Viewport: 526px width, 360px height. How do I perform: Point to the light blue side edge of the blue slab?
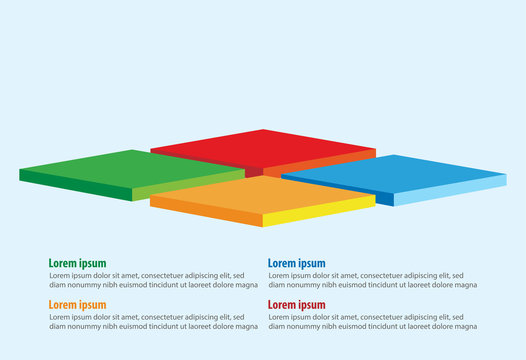pos(450,191)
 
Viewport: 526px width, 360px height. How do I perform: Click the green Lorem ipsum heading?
pos(77,264)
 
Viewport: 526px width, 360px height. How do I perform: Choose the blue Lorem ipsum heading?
pos(296,264)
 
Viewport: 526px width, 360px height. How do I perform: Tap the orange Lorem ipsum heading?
pos(77,305)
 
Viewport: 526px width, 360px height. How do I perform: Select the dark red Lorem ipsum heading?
pos(296,305)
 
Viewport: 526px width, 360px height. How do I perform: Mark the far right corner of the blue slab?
pos(506,176)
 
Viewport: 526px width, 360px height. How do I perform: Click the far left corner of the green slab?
pos(20,170)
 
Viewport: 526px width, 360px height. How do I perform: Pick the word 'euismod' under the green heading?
pos(130,285)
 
